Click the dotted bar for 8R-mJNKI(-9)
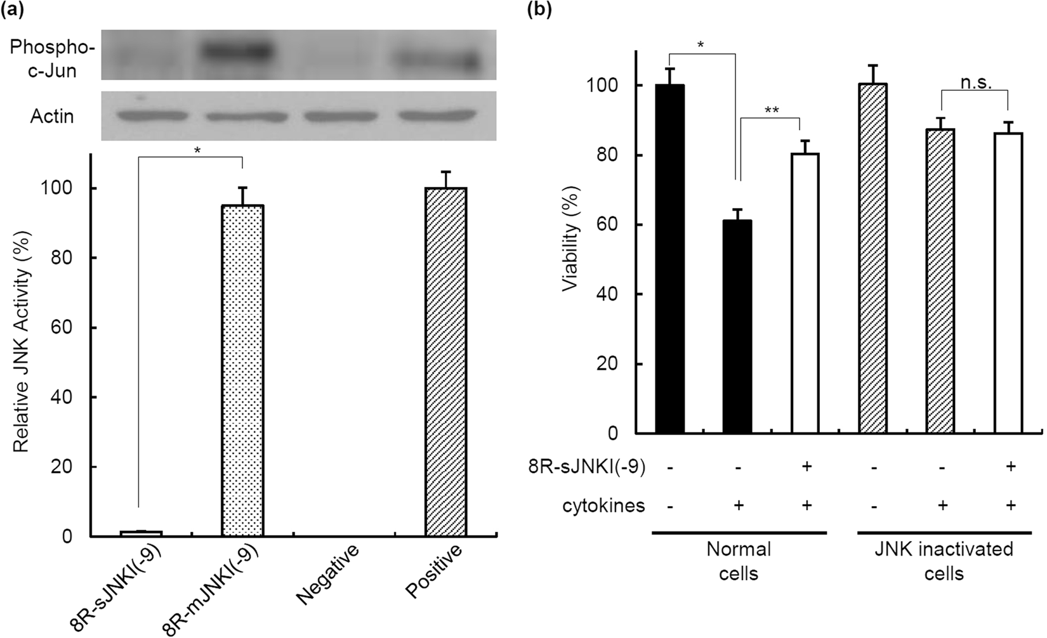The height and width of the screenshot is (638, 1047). pos(242,370)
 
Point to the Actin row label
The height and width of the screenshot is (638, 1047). pos(52,117)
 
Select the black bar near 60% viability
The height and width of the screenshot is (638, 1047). pos(737,327)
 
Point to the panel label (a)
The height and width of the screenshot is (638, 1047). pos(13,11)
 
